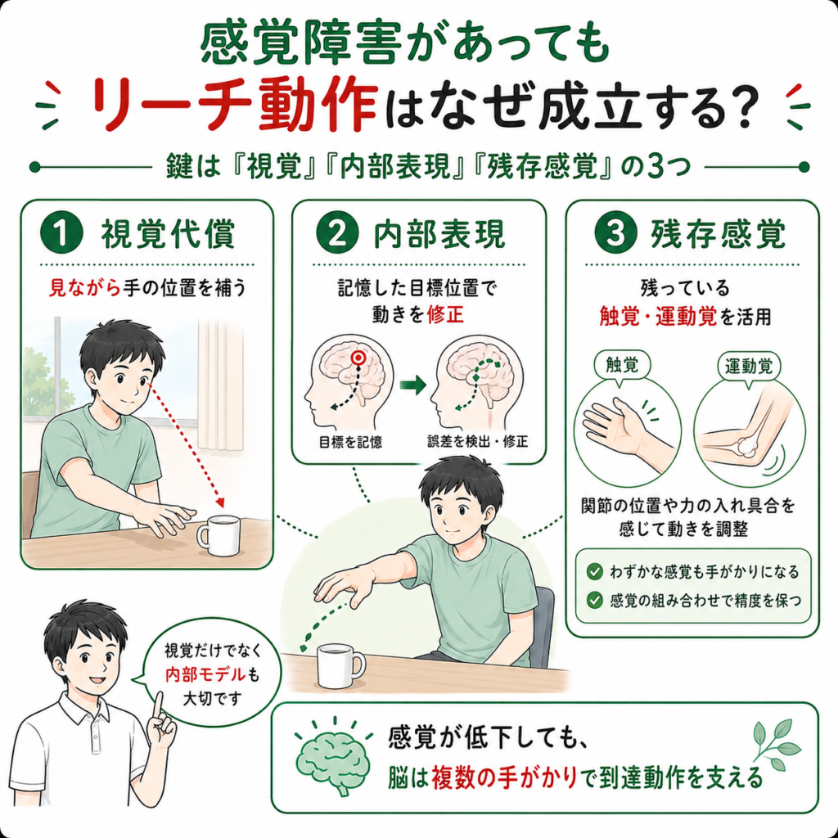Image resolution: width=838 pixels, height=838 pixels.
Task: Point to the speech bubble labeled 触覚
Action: pyautogui.click(x=622, y=367)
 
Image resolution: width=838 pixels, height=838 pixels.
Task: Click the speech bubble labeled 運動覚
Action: pyautogui.click(x=748, y=367)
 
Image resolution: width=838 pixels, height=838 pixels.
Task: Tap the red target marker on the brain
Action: pyautogui.click(x=359, y=358)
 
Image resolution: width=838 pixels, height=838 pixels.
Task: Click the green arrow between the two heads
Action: pyautogui.click(x=412, y=385)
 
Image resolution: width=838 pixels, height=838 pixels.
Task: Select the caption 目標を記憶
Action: pyautogui.click(x=350, y=442)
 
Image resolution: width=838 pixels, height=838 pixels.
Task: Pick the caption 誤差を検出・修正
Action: pyautogui.click(x=477, y=441)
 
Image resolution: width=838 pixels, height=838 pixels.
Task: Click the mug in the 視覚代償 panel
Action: pyautogui.click(x=218, y=535)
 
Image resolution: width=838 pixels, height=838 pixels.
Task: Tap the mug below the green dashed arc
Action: pyautogui.click(x=340, y=666)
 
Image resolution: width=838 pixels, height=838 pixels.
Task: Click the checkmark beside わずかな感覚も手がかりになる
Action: pyautogui.click(x=594, y=572)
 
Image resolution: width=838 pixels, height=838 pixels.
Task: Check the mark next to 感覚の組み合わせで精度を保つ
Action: pyautogui.click(x=594, y=600)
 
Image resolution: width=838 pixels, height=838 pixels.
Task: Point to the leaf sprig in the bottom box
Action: pyautogui.click(x=776, y=745)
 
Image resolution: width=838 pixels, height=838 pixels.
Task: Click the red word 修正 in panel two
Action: pyautogui.click(x=445, y=314)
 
